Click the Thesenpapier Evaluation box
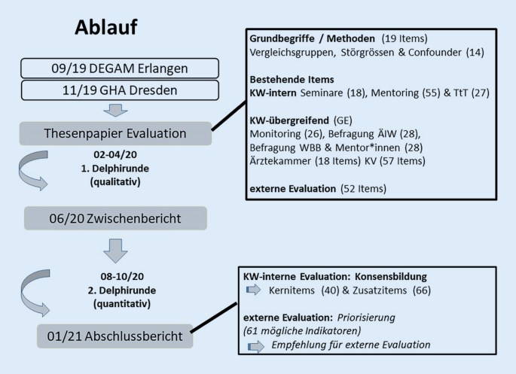pyautogui.click(x=114, y=135)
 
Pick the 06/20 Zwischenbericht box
pyautogui.click(x=114, y=218)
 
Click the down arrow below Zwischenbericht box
pyautogui.click(x=114, y=249)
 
